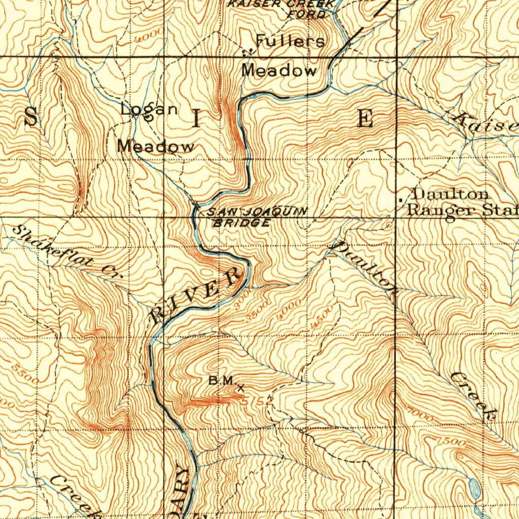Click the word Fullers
tap(290, 41)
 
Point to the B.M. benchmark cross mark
tap(240, 388)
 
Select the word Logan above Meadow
tap(150, 109)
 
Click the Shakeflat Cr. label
tap(63, 252)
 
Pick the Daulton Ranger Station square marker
tap(401, 201)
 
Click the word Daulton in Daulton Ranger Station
tap(451, 194)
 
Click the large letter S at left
tap(31, 118)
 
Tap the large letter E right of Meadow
tap(365, 118)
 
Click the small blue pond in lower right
tap(475, 488)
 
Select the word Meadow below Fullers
tap(279, 70)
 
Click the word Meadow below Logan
tap(156, 146)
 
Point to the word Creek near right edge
tap(473, 396)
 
